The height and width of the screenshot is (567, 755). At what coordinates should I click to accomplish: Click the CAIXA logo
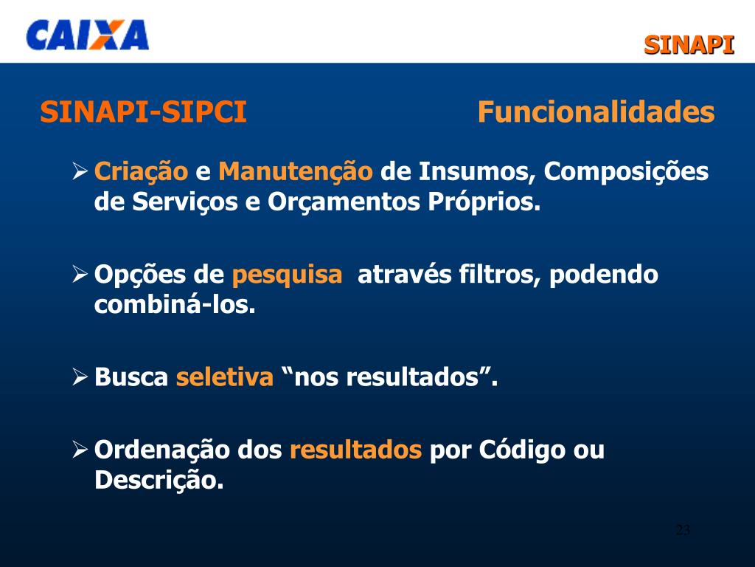click(87, 35)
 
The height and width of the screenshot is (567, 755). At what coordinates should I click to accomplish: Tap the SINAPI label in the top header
click(689, 45)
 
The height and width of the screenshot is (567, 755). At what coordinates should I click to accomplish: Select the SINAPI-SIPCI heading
click(143, 113)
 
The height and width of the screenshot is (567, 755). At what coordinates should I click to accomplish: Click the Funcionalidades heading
click(596, 113)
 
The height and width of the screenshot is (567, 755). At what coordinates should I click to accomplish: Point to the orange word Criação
click(141, 173)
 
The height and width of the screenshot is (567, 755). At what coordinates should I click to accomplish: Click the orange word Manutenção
click(296, 173)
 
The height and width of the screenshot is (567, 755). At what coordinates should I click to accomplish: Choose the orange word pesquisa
click(287, 275)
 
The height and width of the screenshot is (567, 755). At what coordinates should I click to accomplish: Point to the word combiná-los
click(175, 305)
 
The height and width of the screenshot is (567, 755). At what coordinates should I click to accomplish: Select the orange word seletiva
click(224, 378)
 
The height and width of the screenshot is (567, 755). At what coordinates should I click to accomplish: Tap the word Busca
click(131, 378)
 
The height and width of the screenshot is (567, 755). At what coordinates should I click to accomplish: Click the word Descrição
click(159, 481)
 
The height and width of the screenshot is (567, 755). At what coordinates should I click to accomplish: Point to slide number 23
click(683, 530)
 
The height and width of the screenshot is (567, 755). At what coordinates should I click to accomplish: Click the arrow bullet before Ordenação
click(80, 450)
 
